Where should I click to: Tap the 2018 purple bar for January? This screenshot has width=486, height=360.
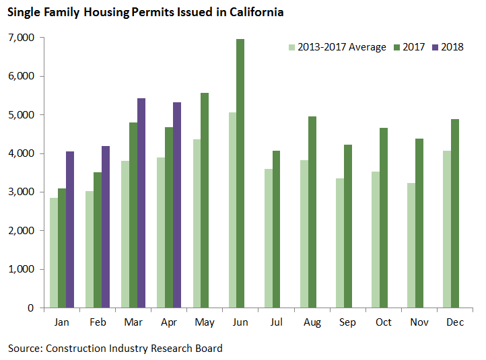click(70, 229)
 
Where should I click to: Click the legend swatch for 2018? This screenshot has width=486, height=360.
click(435, 47)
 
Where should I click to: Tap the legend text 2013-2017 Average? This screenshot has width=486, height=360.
click(342, 47)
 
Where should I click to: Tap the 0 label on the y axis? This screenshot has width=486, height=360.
click(31, 308)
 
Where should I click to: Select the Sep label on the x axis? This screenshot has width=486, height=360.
click(347, 323)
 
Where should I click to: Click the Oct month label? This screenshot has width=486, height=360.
click(383, 323)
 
